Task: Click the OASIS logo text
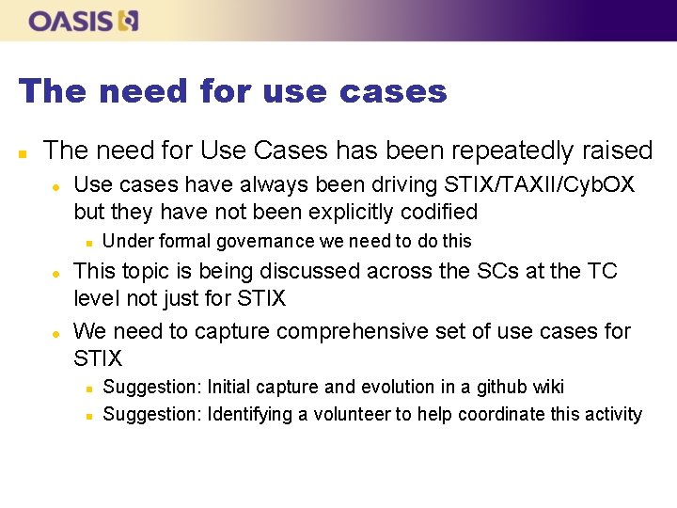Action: coord(71,21)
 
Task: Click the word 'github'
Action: coord(499,387)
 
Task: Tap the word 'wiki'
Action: coord(547,387)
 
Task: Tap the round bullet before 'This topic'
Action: coord(57,273)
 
